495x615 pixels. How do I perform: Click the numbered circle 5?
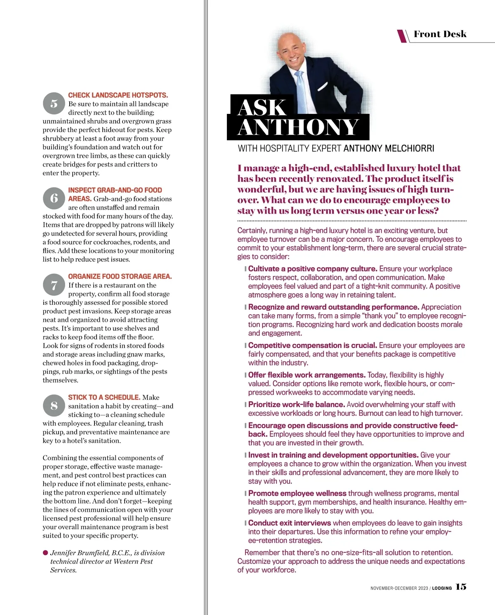(54, 104)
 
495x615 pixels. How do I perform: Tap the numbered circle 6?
(54, 198)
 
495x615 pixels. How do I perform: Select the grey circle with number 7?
(54, 285)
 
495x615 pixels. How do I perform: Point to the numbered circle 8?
(54, 405)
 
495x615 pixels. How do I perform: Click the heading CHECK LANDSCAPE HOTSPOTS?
(118, 95)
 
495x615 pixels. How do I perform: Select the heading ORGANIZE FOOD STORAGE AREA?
(120, 276)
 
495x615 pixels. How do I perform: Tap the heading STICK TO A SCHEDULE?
(104, 397)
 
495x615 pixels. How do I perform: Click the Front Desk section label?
(440, 34)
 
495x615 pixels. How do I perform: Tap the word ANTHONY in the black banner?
(298, 127)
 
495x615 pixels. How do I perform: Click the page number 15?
(461, 587)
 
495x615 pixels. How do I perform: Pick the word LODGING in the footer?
(442, 588)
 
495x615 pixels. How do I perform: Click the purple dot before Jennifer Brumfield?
(45, 553)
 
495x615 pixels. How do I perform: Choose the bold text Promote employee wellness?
(297, 493)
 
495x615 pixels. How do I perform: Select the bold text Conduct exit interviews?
(289, 523)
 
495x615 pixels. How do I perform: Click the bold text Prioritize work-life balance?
(296, 405)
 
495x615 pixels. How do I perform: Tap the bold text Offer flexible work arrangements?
(306, 375)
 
